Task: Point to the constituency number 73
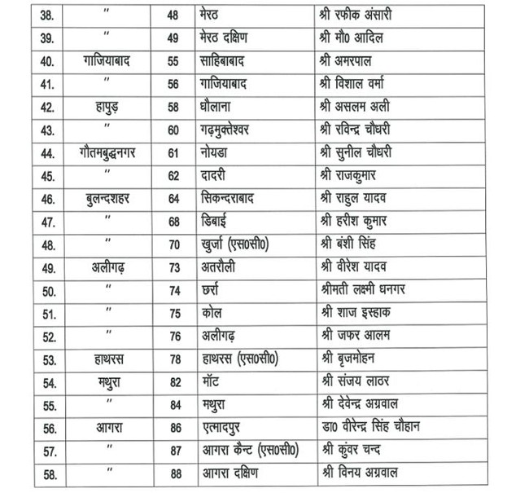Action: [173, 266]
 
